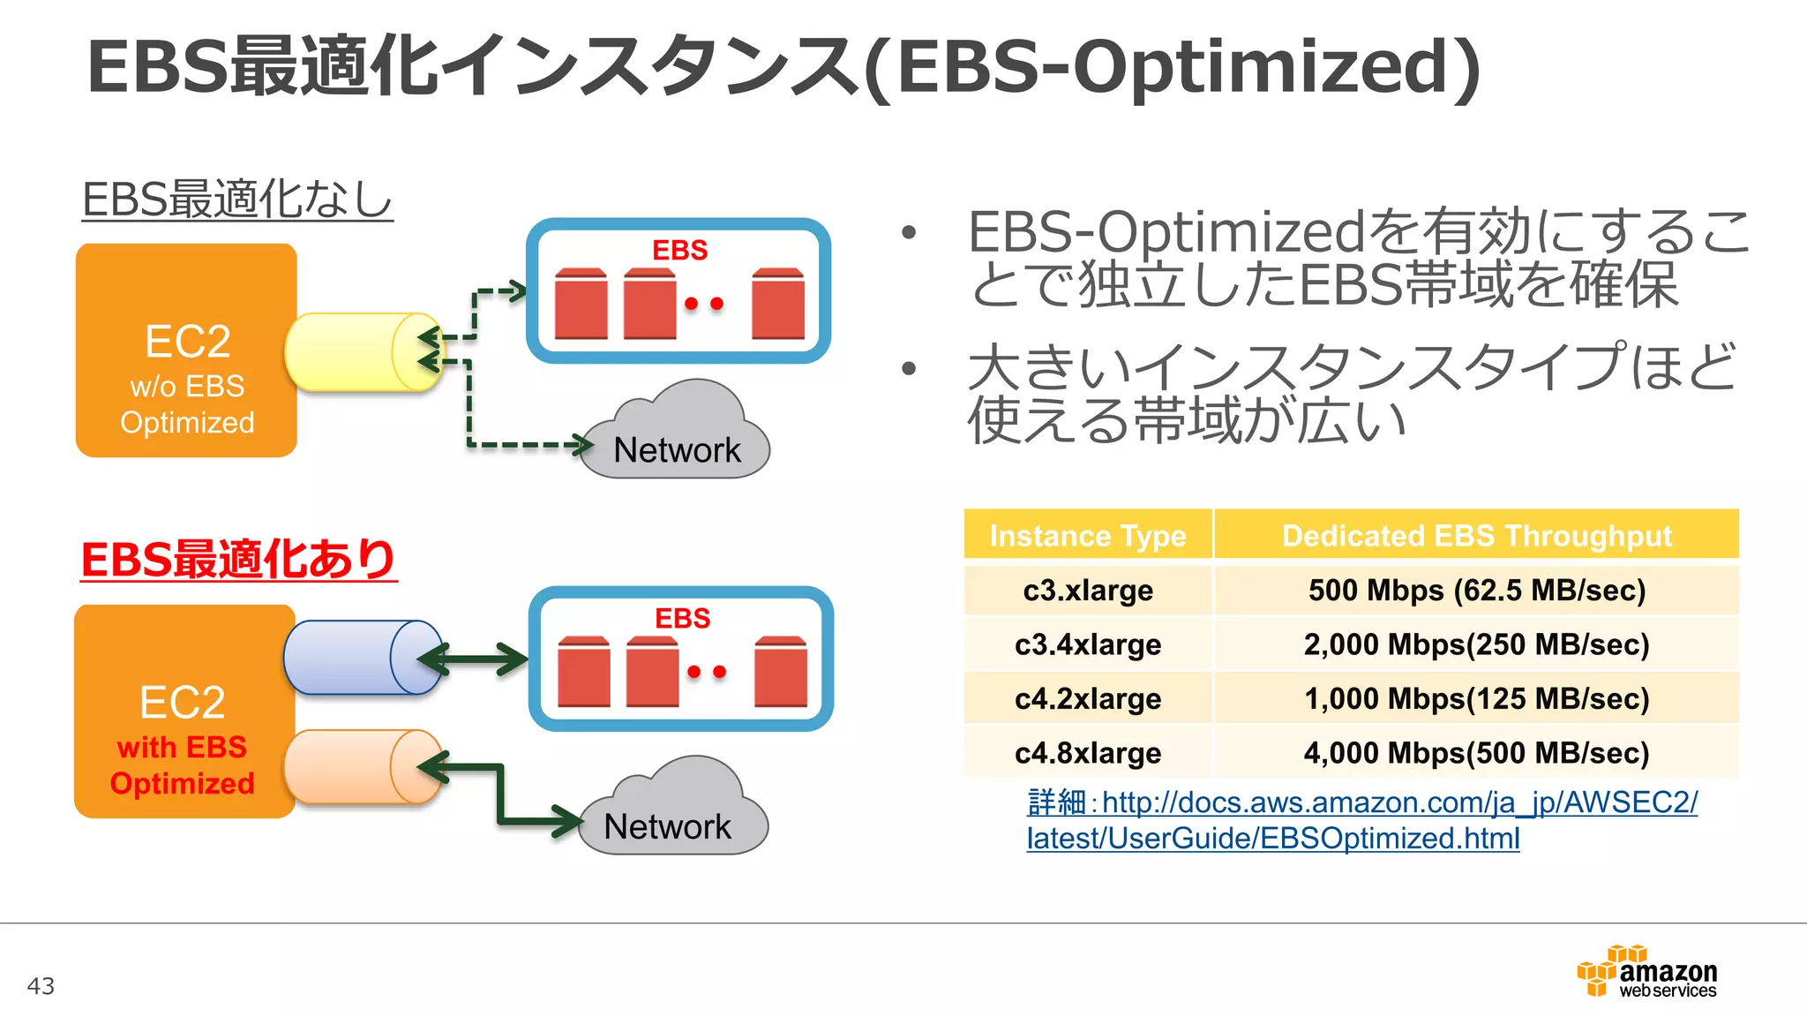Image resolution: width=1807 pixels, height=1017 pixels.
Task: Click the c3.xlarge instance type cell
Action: (1088, 590)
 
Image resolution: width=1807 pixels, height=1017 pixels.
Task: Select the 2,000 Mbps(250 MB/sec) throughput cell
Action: (1476, 644)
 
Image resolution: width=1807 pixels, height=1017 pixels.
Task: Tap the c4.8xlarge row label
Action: (1088, 753)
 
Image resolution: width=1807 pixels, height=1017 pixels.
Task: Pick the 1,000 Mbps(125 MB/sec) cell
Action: (1476, 699)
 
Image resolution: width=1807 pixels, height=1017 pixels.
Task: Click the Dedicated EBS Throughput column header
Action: (1476, 535)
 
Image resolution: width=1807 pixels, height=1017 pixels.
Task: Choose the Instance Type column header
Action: (1088, 535)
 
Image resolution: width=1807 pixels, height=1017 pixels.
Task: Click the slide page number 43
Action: (41, 985)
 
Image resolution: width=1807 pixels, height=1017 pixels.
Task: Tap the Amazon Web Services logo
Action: (1646, 972)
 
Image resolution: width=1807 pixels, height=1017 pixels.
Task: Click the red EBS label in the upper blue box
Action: (679, 250)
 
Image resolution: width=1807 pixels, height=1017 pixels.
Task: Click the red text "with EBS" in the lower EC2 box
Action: (182, 747)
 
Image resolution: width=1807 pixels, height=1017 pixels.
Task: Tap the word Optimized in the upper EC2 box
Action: (187, 422)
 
